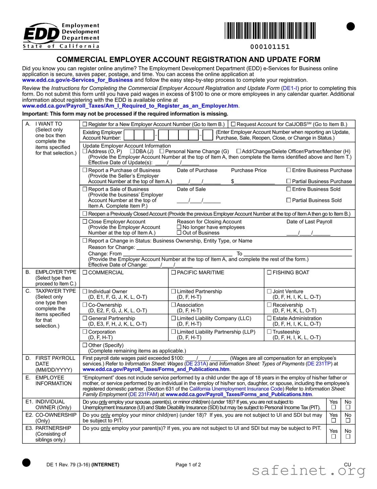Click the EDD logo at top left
pyautogui.click(x=42, y=34)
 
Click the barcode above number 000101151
pyautogui.click(x=270, y=31)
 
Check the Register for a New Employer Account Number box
pyautogui.click(x=85, y=124)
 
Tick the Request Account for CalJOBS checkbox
pyautogui.click(x=233, y=124)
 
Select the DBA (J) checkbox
pyautogui.click(x=132, y=151)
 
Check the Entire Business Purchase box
pyautogui.click(x=288, y=170)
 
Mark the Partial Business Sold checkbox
pyautogui.click(x=288, y=200)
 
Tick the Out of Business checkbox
pyautogui.click(x=179, y=233)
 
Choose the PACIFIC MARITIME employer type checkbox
pyautogui.click(x=173, y=272)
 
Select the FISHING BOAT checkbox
pyautogui.click(x=269, y=272)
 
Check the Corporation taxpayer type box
pyautogui.click(x=85, y=332)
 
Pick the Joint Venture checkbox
pyautogui.click(x=269, y=291)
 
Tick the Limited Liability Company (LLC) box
pyautogui.click(x=173, y=318)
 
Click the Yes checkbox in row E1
pyautogui.click(x=333, y=407)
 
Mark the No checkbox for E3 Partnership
pyautogui.click(x=348, y=436)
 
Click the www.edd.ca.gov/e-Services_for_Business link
pyautogui.click(x=77, y=80)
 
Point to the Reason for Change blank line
pyautogui.click(x=244, y=248)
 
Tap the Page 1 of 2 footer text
pyautogui.click(x=188, y=465)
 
